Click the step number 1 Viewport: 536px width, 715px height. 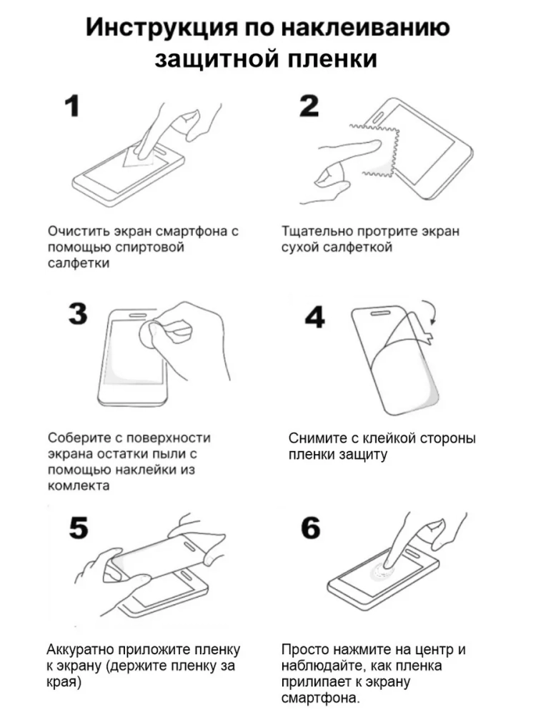[72, 106]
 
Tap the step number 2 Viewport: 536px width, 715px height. [309, 106]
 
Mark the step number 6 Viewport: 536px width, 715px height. [310, 528]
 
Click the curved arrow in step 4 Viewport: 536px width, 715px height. [431, 312]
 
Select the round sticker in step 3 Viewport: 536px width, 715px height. [150, 336]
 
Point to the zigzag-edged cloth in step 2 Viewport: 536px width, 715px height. [376, 150]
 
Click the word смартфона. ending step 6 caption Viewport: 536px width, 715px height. [321, 698]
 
